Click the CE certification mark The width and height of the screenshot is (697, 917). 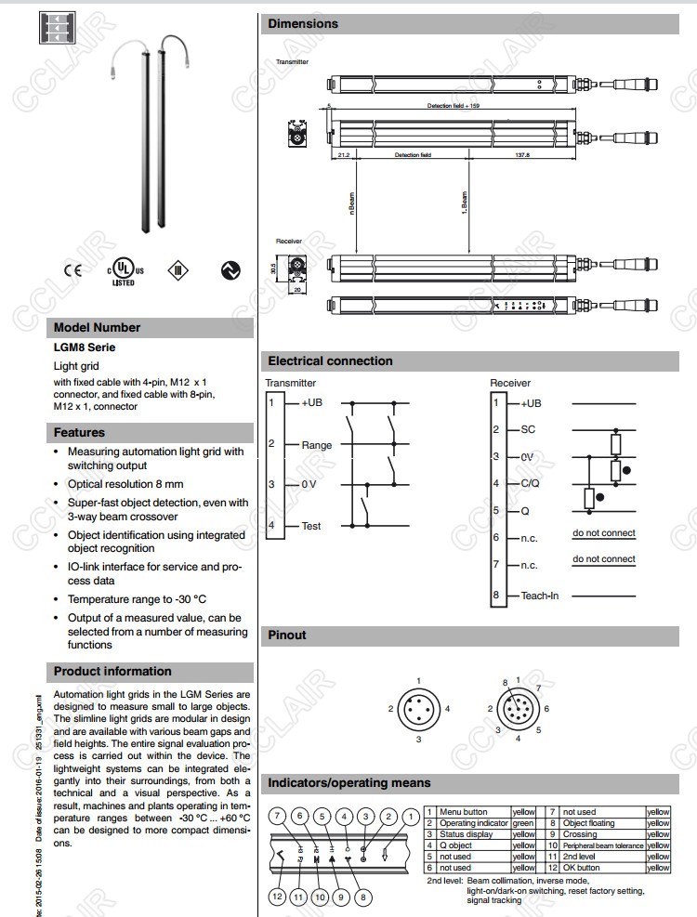point(72,270)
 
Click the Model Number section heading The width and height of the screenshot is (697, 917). point(98,327)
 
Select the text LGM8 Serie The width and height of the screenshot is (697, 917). point(85,347)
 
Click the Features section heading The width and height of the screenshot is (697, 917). point(79,432)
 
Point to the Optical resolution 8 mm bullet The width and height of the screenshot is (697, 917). point(125,484)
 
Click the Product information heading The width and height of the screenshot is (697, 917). point(112,671)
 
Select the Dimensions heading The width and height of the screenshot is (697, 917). point(303,23)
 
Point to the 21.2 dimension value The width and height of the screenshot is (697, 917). point(344,155)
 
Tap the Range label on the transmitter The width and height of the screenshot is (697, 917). point(316,445)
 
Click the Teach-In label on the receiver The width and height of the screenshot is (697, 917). point(540,596)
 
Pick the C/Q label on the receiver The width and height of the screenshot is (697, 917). point(530,483)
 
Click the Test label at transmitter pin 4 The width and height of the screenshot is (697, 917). point(311,526)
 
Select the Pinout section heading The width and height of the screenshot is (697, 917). point(287,635)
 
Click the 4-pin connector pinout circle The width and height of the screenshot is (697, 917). point(418,709)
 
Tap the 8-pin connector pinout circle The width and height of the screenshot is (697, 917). point(518,709)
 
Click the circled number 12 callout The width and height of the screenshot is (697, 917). point(277,897)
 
